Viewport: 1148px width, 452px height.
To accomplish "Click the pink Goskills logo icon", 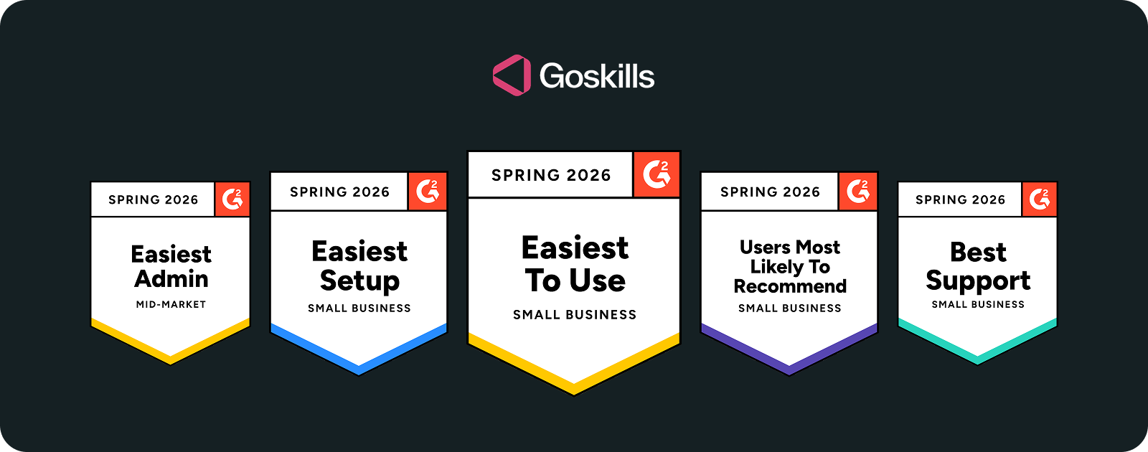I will [x=512, y=75].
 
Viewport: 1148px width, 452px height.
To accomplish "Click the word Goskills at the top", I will [x=596, y=76].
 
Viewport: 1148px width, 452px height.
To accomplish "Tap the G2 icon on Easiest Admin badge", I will [x=232, y=199].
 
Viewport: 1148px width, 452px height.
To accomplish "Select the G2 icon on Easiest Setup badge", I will [x=428, y=191].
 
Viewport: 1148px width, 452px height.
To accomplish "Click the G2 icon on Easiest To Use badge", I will [x=657, y=174].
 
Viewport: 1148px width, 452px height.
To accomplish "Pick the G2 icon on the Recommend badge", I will [x=858, y=191].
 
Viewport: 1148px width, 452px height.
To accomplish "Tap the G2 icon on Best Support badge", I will [x=1040, y=199].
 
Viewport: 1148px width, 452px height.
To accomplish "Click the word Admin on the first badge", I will [x=171, y=278].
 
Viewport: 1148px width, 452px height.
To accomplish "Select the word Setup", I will [x=359, y=281].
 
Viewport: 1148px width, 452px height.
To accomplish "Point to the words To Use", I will [x=575, y=281].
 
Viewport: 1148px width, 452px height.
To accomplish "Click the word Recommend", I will [x=790, y=286].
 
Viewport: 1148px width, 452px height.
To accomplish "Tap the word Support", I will [x=978, y=281].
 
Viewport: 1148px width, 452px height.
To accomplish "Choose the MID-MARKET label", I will [x=171, y=304].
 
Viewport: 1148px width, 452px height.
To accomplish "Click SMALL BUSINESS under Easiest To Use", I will [x=575, y=314].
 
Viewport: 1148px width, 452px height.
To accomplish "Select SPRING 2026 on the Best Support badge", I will [x=960, y=199].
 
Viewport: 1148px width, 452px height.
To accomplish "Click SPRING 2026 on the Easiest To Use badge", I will [x=551, y=175].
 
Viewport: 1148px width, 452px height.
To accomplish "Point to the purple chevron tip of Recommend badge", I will [x=789, y=369].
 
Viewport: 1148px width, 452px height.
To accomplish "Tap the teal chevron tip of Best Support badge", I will [x=977, y=359].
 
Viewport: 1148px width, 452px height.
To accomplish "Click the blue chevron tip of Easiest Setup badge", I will [x=359, y=369].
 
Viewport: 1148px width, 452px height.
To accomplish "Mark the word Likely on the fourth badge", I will [x=777, y=267].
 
